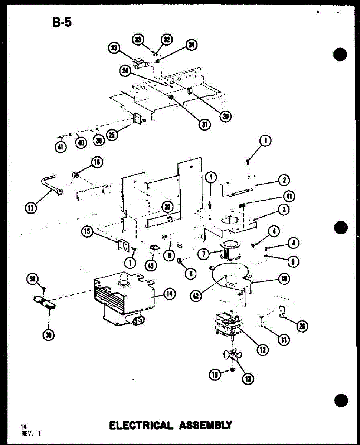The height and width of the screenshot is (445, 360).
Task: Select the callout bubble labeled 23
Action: [114, 48]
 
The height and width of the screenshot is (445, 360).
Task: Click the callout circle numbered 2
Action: [284, 181]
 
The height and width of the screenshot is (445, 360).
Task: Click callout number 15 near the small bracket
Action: [88, 232]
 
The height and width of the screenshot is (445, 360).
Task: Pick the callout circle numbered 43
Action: [151, 266]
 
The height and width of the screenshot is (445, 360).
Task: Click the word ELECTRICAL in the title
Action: [141, 425]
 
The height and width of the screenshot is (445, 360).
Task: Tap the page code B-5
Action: [62, 22]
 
